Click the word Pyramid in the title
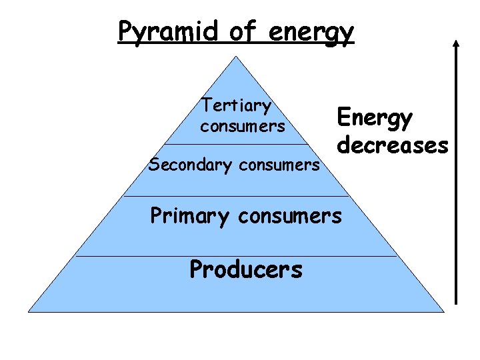160,32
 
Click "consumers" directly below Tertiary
242,125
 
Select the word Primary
188,216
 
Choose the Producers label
246,269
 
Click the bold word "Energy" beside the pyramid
375,118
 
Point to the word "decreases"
393,144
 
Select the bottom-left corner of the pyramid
28,311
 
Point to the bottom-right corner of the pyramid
443,311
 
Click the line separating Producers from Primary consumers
236,256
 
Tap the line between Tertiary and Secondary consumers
236,144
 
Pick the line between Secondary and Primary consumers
236,197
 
